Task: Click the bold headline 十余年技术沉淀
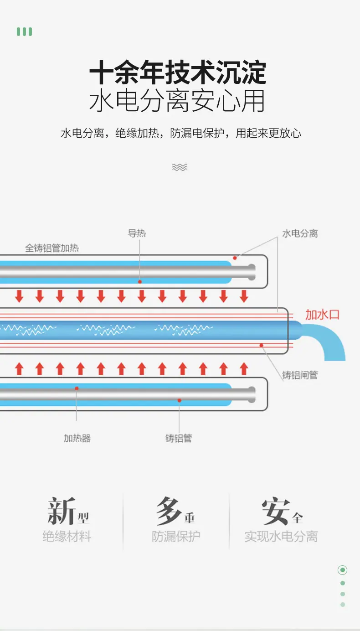click(x=178, y=72)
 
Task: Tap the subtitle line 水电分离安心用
click(x=177, y=101)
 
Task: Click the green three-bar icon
click(x=25, y=31)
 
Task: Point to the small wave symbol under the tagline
click(x=180, y=167)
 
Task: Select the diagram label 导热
click(x=137, y=233)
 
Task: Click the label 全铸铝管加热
click(x=52, y=248)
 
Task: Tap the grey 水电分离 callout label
click(x=300, y=233)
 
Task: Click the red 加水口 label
click(x=323, y=315)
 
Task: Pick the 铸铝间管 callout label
click(x=300, y=375)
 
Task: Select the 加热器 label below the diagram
click(x=77, y=438)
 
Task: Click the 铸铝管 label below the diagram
click(x=179, y=438)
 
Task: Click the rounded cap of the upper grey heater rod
click(x=252, y=272)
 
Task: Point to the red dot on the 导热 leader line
click(x=140, y=282)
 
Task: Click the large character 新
click(x=62, y=511)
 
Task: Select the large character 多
click(x=168, y=511)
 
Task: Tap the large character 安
click(x=276, y=511)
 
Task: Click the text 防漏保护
click(x=176, y=536)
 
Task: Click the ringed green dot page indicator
click(x=343, y=570)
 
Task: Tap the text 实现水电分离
click(x=281, y=536)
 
